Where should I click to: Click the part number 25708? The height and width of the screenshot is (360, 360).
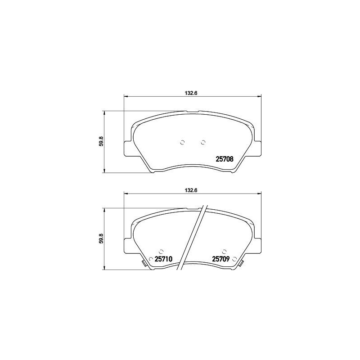point(225,158)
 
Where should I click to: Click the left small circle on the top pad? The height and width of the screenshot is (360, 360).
point(182,143)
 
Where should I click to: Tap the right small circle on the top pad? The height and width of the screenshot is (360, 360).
point(203,143)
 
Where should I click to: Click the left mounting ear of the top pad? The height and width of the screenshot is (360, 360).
point(127,148)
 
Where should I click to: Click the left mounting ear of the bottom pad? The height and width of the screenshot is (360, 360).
point(127,246)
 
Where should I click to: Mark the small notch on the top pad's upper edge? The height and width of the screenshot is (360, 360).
point(193,112)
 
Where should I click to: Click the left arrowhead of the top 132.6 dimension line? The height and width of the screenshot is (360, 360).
point(126,96)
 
